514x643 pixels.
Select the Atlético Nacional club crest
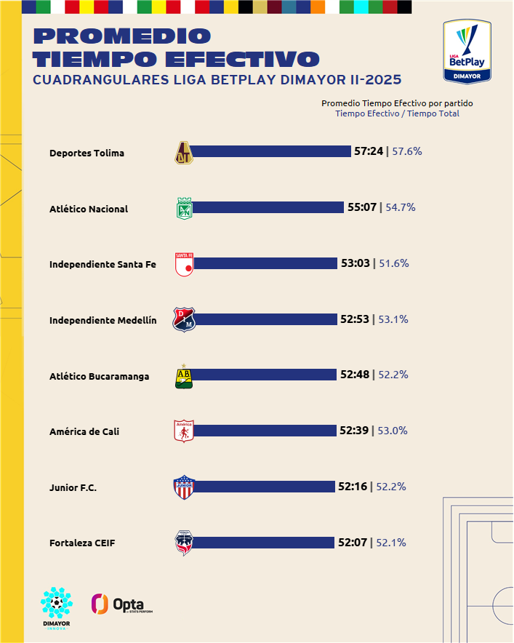click(x=185, y=208)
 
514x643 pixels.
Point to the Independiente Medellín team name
click(x=103, y=320)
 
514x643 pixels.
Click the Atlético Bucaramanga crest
click(x=185, y=375)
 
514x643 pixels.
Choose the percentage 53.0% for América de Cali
click(x=393, y=431)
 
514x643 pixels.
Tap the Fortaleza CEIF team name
click(x=82, y=543)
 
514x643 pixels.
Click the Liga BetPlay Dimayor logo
click(x=467, y=52)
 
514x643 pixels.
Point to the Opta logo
click(x=121, y=604)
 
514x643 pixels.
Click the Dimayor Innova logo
click(x=56, y=608)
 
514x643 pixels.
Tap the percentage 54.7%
click(x=400, y=207)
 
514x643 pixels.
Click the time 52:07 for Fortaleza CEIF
click(x=353, y=543)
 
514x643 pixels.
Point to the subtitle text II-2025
click(x=369, y=80)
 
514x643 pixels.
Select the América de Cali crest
click(x=185, y=431)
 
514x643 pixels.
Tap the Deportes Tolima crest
click(x=185, y=152)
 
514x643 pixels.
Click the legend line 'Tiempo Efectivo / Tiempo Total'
click(x=397, y=113)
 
